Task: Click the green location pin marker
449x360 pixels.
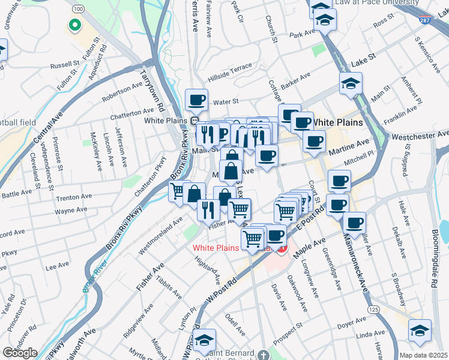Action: click(x=75, y=25)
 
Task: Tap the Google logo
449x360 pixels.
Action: click(x=20, y=353)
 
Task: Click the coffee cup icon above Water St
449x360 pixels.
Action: click(x=196, y=100)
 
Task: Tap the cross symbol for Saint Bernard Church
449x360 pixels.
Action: click(x=262, y=355)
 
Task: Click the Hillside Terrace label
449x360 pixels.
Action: click(x=230, y=72)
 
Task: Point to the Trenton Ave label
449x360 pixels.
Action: click(x=73, y=197)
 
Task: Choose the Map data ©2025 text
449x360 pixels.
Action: click(x=423, y=355)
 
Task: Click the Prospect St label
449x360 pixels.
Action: click(x=287, y=335)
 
